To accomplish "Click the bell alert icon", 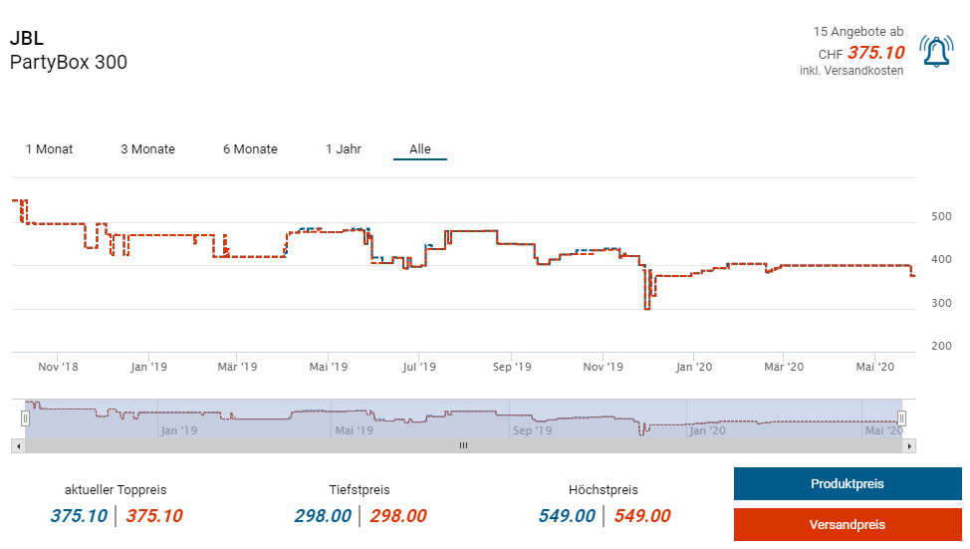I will tap(936, 51).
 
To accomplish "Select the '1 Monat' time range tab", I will tap(49, 149).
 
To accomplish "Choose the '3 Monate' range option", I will tap(147, 149).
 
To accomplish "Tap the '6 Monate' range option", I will tap(250, 149).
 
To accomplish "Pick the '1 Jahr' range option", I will tap(344, 149).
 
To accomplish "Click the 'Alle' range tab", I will tap(420, 149).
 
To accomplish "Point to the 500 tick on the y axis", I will tap(941, 216).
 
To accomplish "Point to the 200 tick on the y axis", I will tap(941, 346).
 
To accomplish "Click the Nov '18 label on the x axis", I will tap(58, 367).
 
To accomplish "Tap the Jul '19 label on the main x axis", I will tap(419, 367).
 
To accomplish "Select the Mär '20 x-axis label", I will tap(784, 367).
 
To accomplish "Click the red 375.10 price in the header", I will tap(875, 53).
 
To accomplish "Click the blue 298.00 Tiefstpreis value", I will tap(323, 516).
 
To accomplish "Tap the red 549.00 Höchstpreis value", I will tap(641, 516).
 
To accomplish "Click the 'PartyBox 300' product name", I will tap(69, 63).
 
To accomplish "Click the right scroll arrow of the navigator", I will tap(908, 445).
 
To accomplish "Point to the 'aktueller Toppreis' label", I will tap(116, 490).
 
